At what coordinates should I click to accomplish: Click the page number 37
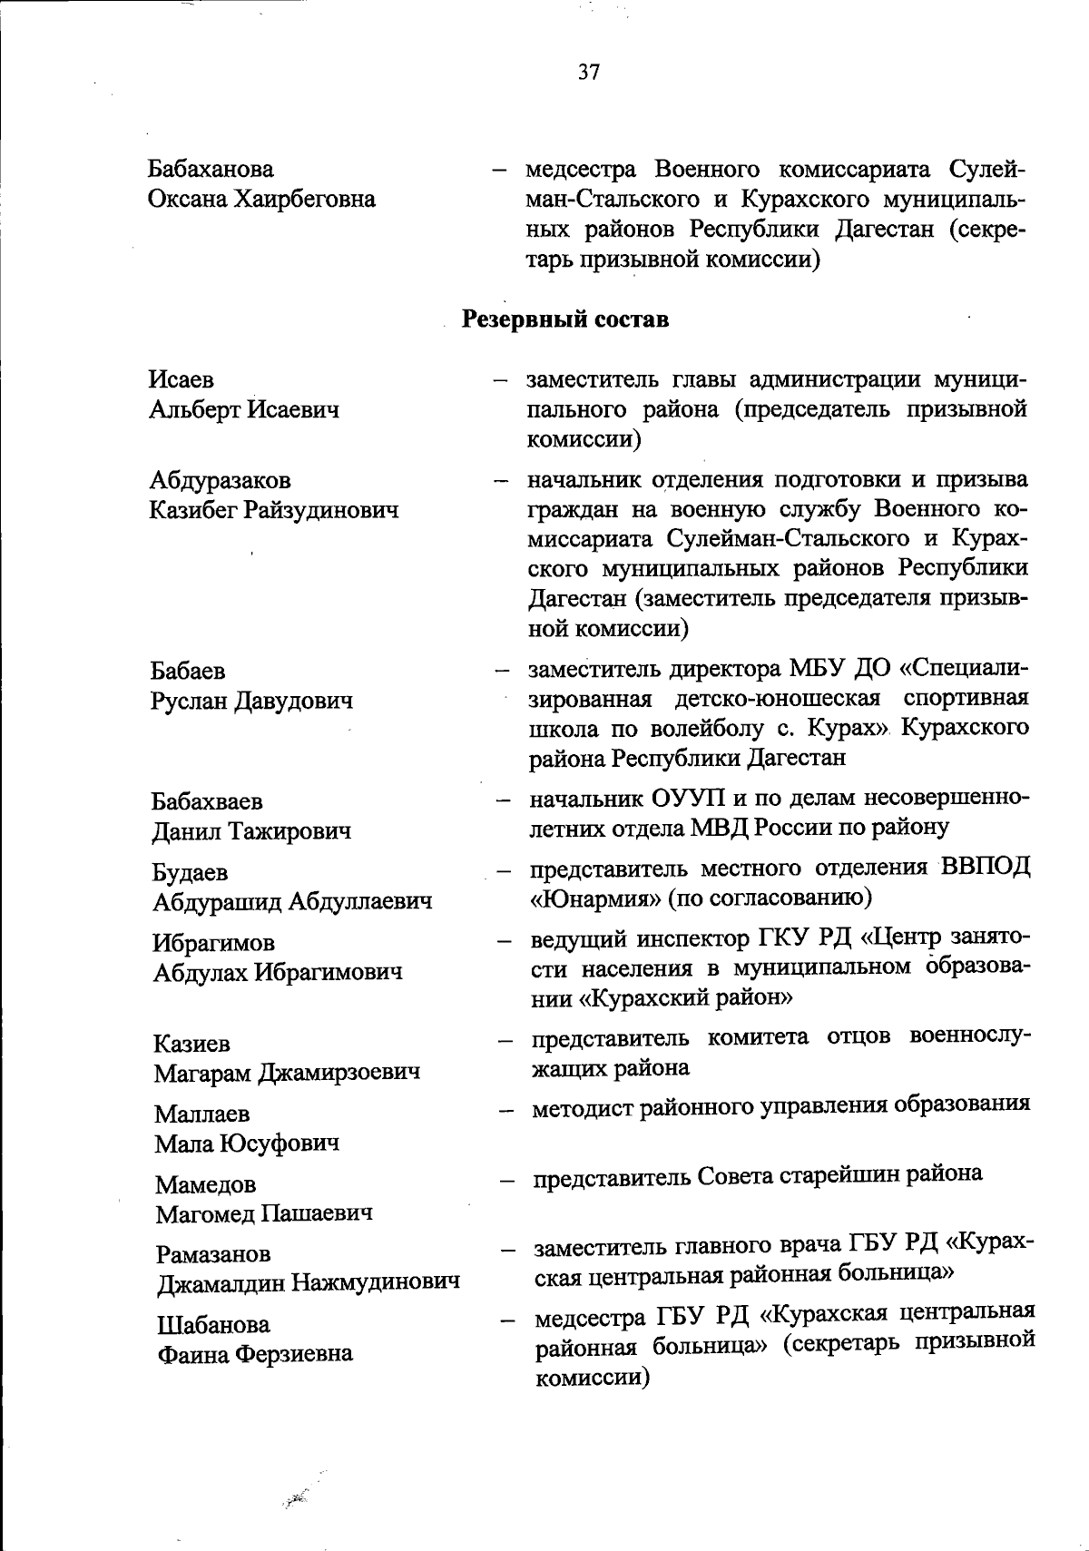[x=589, y=74]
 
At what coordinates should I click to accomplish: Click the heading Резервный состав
[x=566, y=319]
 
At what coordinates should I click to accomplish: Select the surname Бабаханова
[x=211, y=169]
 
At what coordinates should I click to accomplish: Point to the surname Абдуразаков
[x=221, y=480]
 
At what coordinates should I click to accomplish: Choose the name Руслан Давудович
[x=251, y=702]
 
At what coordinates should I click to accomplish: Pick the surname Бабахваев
[x=208, y=801]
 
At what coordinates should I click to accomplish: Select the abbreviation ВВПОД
[x=986, y=868]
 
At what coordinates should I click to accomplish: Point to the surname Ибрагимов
[x=214, y=943]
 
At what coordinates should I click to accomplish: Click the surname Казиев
[x=191, y=1044]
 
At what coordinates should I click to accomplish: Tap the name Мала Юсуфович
[x=247, y=1144]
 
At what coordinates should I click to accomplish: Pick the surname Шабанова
[x=213, y=1325]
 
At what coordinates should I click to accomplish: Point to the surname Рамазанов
[x=213, y=1255]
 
